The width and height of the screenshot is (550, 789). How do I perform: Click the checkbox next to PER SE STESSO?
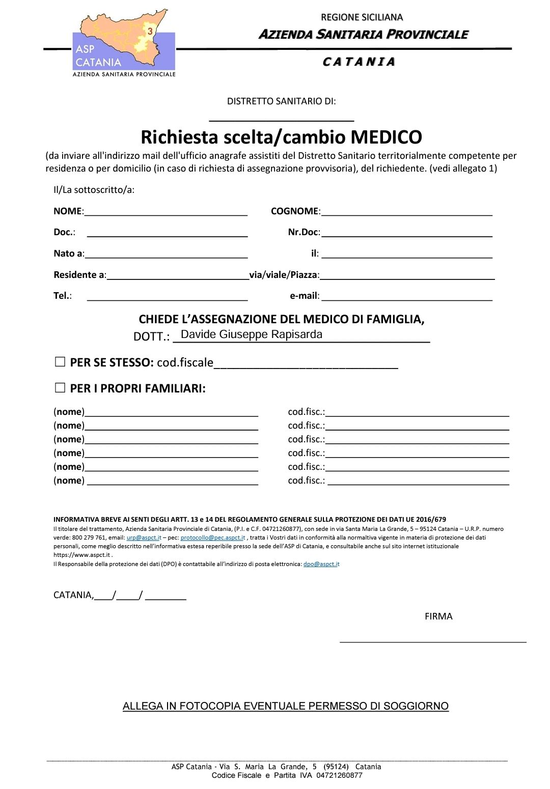click(x=60, y=362)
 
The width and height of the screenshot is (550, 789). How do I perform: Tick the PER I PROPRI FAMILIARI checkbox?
click(x=60, y=388)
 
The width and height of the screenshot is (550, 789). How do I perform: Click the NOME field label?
click(x=67, y=211)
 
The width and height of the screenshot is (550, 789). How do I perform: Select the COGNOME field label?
click(x=294, y=211)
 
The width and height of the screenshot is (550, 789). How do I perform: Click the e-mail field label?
click(x=304, y=296)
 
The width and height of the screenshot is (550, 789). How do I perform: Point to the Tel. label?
click(x=62, y=296)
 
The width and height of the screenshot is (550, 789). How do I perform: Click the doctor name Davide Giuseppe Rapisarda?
click(x=252, y=334)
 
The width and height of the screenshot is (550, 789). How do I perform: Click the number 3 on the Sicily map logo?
click(x=150, y=31)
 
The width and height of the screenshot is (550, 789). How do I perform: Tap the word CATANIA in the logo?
click(x=98, y=62)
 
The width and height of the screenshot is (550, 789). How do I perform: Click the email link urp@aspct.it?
click(x=144, y=538)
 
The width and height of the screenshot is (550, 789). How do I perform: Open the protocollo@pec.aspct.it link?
click(x=213, y=538)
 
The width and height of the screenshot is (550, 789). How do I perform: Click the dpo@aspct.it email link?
click(x=321, y=564)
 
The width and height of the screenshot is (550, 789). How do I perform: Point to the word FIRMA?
click(x=438, y=616)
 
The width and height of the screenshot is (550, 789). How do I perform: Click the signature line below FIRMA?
click(x=433, y=641)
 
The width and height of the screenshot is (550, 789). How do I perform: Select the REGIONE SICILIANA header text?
click(x=362, y=17)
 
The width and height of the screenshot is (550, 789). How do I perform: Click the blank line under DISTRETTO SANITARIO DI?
click(x=282, y=120)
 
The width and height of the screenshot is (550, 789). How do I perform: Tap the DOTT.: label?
click(x=151, y=336)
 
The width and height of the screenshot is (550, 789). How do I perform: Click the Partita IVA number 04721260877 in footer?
click(x=339, y=775)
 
